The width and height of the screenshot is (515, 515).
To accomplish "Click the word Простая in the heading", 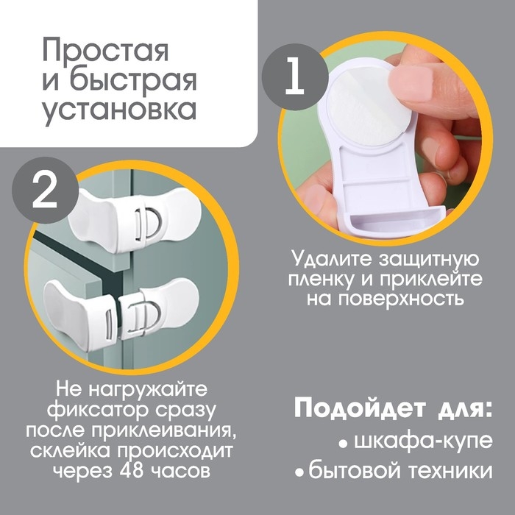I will point(105,52).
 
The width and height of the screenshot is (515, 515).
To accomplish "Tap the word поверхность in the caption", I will point(400,299).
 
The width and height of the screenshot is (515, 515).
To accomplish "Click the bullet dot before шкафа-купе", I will point(343,443).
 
